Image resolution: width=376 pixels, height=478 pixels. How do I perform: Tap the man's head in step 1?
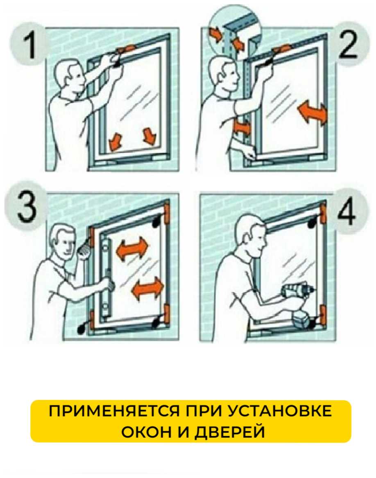tap(68, 75)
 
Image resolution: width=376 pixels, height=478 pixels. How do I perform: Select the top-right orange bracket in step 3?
tap(167, 211)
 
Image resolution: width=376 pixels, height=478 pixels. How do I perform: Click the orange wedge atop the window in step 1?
tap(125, 49)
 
